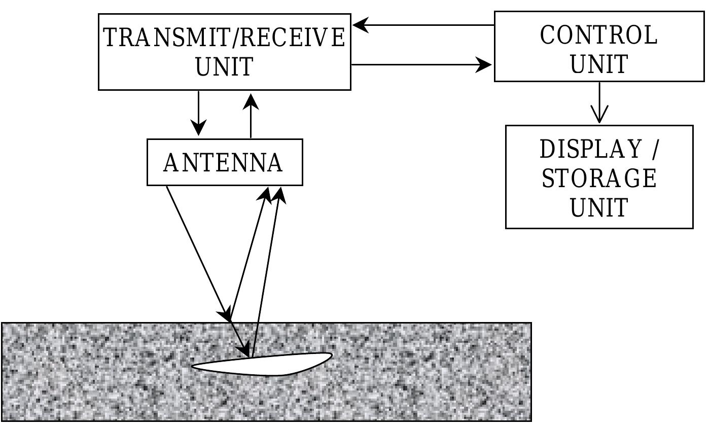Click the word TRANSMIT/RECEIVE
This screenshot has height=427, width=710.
point(224,38)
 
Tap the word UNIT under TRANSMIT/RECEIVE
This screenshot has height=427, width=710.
point(224,67)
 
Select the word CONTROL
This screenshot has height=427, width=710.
point(598,35)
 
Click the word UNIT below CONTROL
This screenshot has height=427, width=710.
point(599,64)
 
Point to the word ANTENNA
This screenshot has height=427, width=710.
point(223,163)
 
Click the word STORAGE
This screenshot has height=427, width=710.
point(599,179)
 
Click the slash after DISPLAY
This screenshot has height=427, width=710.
point(655,150)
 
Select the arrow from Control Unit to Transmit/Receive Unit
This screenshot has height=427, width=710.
point(423,24)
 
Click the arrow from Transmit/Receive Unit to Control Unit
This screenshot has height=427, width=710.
point(421,64)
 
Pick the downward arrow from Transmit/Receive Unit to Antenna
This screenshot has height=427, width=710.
point(199,114)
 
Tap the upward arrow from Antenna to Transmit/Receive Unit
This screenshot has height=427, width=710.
point(251,115)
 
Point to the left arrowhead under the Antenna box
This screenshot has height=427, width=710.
point(265,195)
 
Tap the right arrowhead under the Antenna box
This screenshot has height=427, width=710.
point(278,195)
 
